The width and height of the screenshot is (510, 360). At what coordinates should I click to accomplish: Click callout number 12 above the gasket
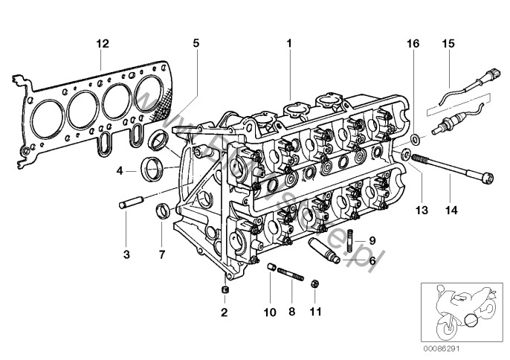coord(103,44)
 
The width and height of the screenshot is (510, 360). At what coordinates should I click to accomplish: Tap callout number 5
coord(196,44)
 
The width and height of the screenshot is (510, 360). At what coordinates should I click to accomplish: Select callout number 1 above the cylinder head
coord(288,44)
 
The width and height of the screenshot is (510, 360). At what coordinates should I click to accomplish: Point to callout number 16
coord(414,44)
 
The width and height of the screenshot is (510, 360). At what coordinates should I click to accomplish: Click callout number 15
coord(448,44)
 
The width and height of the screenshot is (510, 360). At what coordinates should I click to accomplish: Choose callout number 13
coord(422,211)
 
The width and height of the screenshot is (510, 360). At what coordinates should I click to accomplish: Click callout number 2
coord(225,311)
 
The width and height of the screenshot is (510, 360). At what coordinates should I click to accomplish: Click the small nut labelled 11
coord(314,283)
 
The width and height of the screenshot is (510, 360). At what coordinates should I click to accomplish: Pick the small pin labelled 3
coord(128,203)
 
